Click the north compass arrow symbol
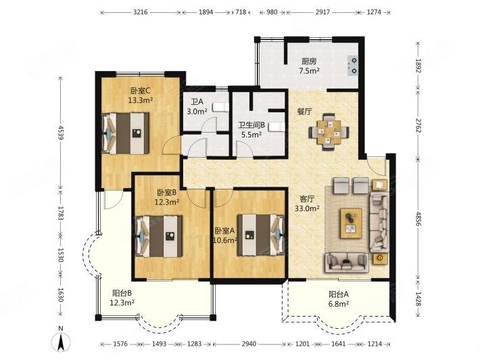point(62,341)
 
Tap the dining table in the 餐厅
point(329,132)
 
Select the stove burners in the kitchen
point(353,66)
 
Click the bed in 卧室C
point(126,133)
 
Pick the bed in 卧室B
point(159,236)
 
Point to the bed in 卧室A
point(261,235)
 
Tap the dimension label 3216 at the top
point(141,12)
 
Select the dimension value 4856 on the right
point(418,218)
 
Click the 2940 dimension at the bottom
point(249,344)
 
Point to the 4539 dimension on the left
point(60,133)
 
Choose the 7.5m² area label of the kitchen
point(309,71)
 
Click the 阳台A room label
point(339,294)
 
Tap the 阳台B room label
point(122,293)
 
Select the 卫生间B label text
point(251,125)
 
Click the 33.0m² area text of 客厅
point(307,208)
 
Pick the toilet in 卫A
point(220,107)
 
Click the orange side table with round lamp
point(380,258)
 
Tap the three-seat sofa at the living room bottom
point(347,263)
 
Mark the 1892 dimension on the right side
point(418,66)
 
